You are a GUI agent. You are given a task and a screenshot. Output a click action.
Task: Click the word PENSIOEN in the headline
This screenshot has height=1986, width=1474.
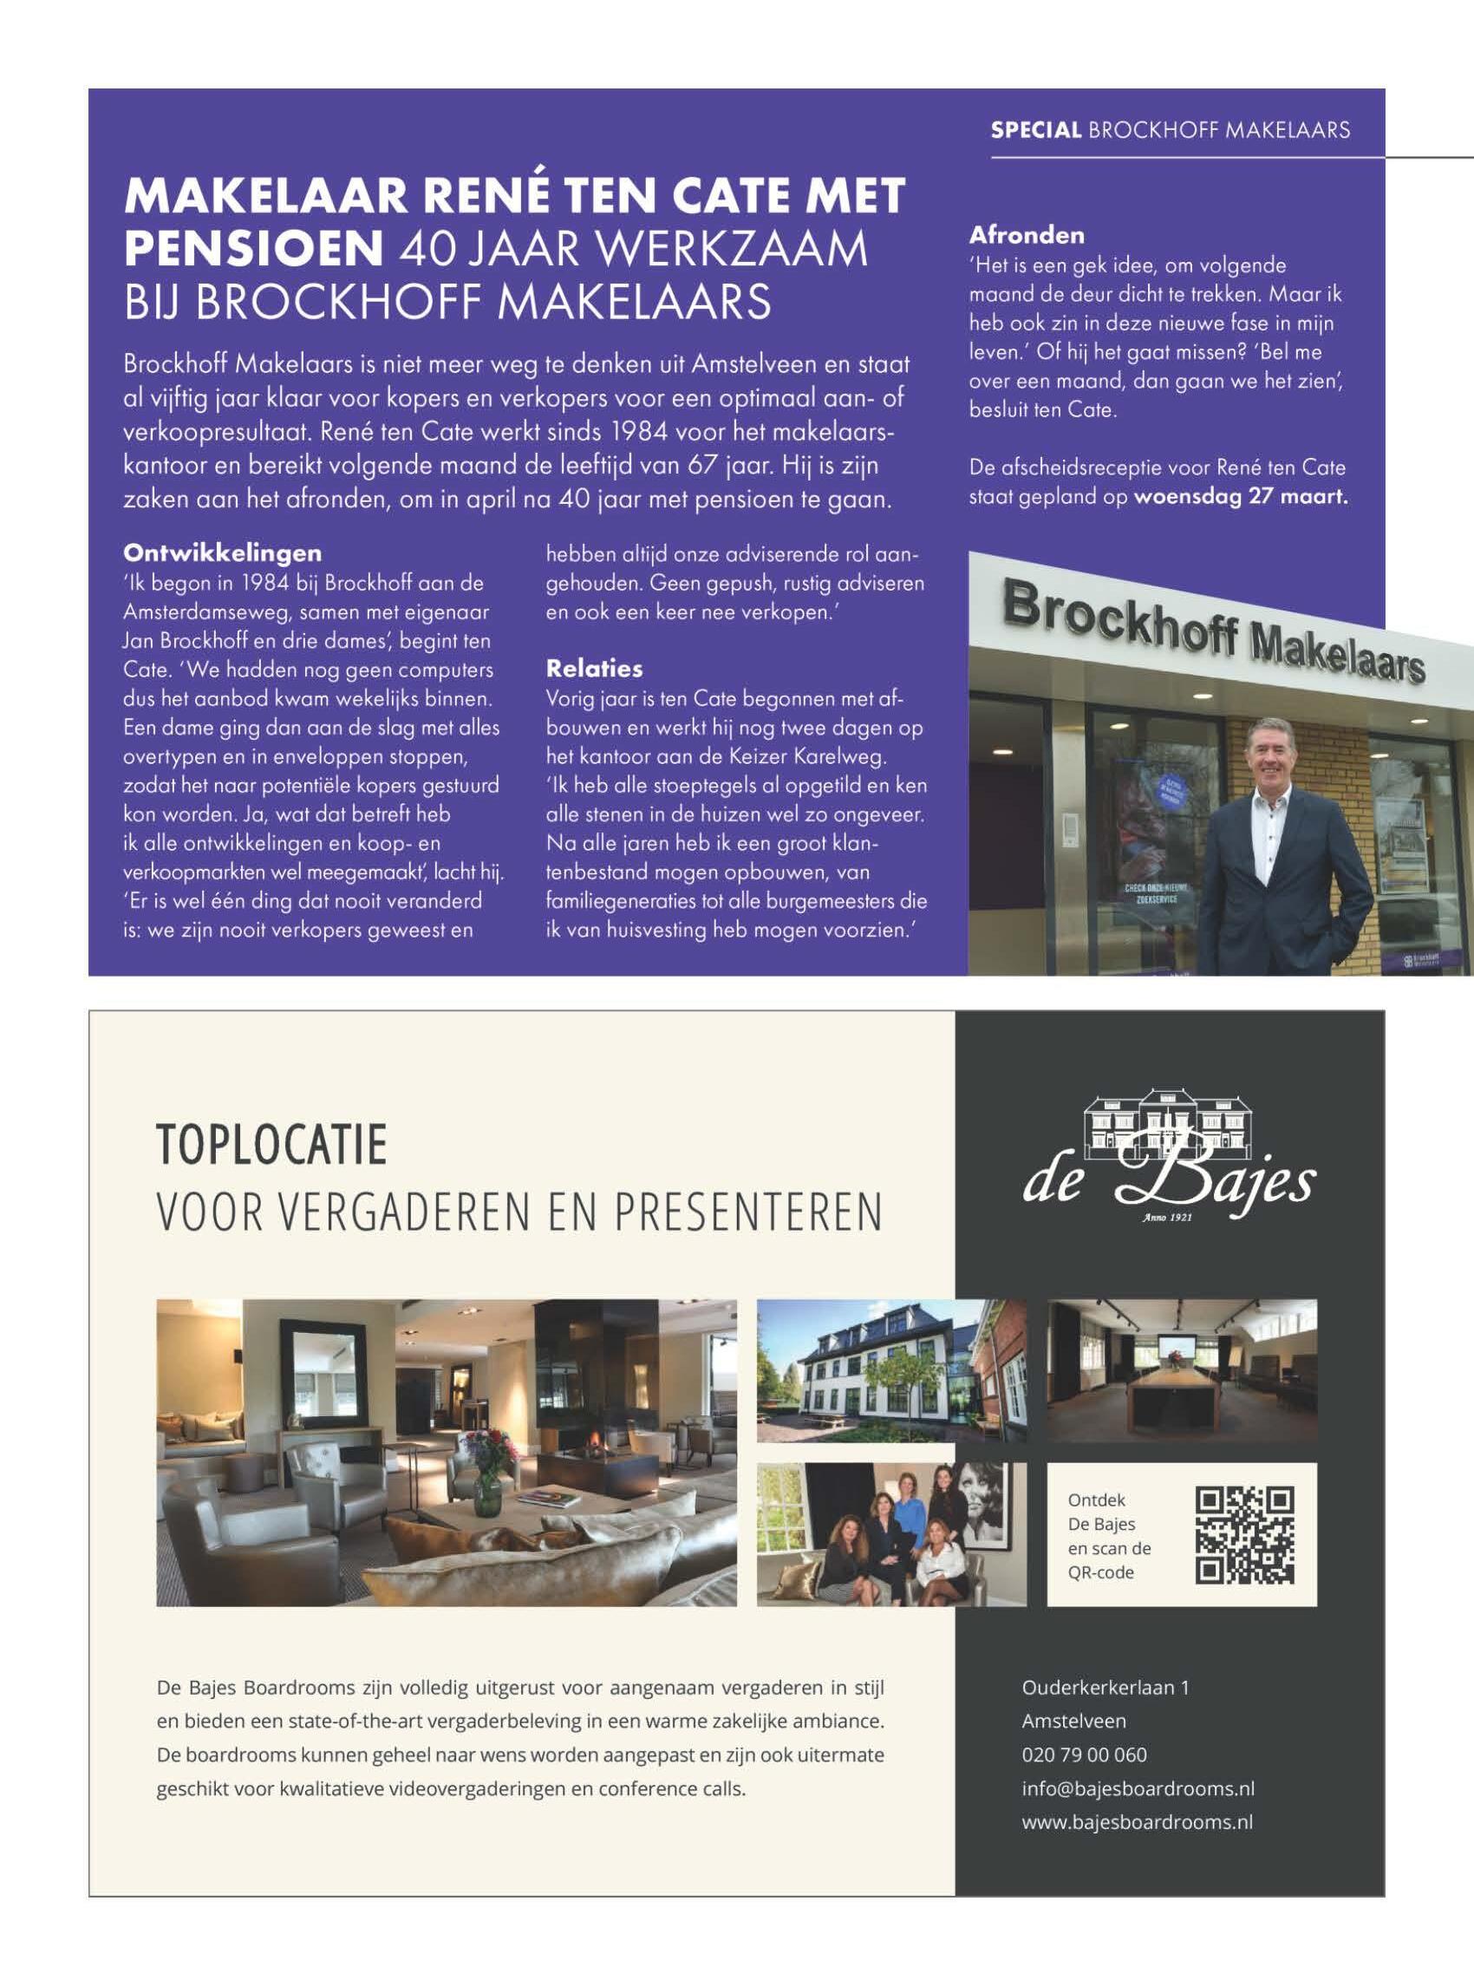coord(253,251)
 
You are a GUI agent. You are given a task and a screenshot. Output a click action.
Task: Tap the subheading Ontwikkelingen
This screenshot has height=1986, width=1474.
coord(223,552)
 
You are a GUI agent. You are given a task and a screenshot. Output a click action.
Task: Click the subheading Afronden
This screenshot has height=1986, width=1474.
coord(1027,236)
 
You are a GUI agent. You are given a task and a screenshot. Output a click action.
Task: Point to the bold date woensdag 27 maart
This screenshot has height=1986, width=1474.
coord(1241,497)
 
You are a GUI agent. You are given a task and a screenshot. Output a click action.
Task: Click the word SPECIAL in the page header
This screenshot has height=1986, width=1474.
coord(1036,131)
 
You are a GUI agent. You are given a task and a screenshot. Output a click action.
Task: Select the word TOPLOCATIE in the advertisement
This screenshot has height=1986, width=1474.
coord(272,1147)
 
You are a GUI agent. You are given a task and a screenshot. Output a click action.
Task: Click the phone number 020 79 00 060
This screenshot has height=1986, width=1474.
coord(1084,1755)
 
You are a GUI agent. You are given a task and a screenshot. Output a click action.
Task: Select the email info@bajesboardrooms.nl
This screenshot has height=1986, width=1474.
coord(1138,1788)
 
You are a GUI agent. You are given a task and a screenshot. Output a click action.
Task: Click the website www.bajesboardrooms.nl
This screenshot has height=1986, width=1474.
coord(1137,1822)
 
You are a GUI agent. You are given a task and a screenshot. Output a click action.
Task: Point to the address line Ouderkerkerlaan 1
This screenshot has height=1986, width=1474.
coord(1105,1688)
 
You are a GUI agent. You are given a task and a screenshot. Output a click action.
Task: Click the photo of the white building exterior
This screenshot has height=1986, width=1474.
coord(890,1370)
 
